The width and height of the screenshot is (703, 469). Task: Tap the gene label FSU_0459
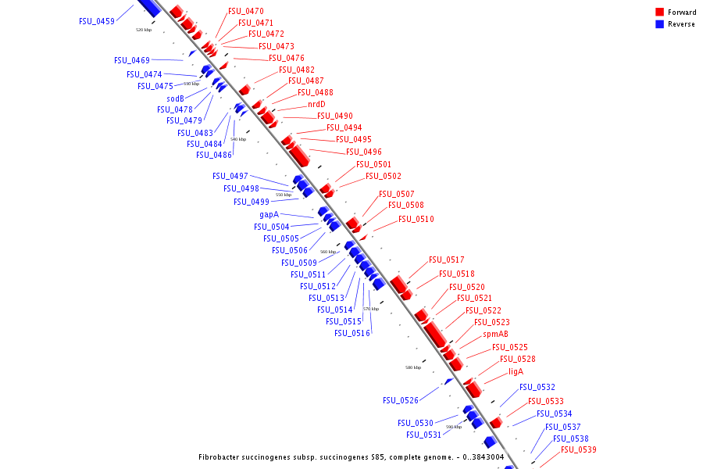point(96,21)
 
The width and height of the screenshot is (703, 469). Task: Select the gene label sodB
point(175,98)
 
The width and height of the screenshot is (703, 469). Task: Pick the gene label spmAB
point(495,334)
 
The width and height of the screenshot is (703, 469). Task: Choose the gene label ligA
point(516,371)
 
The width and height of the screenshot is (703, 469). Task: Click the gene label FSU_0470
point(246,12)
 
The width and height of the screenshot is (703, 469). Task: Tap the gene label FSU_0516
point(352,333)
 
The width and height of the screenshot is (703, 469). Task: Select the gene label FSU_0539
point(579,449)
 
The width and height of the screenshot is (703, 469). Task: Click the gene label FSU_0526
point(401,400)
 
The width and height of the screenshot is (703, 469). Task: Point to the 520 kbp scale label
point(144,30)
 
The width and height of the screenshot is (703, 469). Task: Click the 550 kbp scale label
point(284,195)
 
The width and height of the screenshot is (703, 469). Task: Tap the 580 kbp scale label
point(413,367)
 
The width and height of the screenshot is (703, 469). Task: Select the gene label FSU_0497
point(230,176)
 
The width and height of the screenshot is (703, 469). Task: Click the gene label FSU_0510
point(416,219)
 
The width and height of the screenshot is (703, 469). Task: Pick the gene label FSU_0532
point(537,387)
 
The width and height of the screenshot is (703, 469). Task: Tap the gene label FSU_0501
point(374,164)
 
